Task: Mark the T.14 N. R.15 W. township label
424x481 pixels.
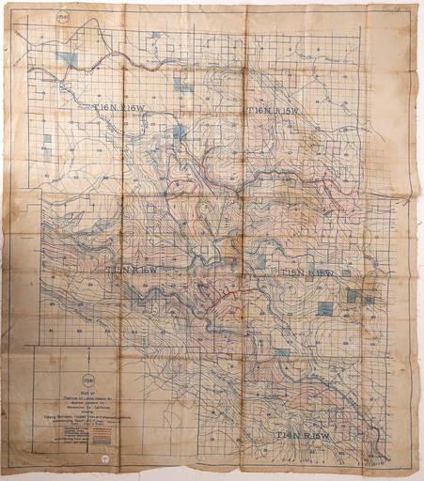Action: point(305,437)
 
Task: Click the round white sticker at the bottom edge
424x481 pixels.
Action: point(106,461)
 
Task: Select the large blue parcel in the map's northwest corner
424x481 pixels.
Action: point(67,59)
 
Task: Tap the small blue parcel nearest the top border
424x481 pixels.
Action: point(156,35)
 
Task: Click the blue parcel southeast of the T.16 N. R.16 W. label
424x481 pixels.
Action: point(179,132)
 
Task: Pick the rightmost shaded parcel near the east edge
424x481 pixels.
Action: point(369,300)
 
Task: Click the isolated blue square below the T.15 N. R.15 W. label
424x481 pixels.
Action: point(324,308)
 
